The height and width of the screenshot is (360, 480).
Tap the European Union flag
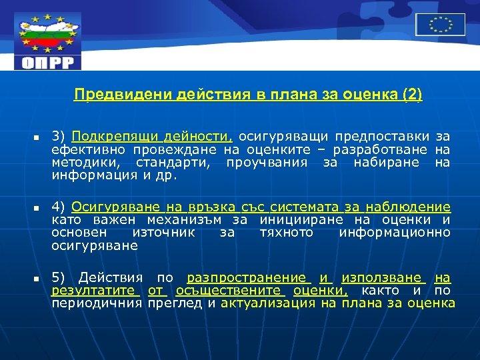click(x=440, y=25)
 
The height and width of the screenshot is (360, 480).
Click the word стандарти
click(x=174, y=162)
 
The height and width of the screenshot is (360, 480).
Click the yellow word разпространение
click(x=246, y=278)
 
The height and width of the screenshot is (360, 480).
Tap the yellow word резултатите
click(x=95, y=291)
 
